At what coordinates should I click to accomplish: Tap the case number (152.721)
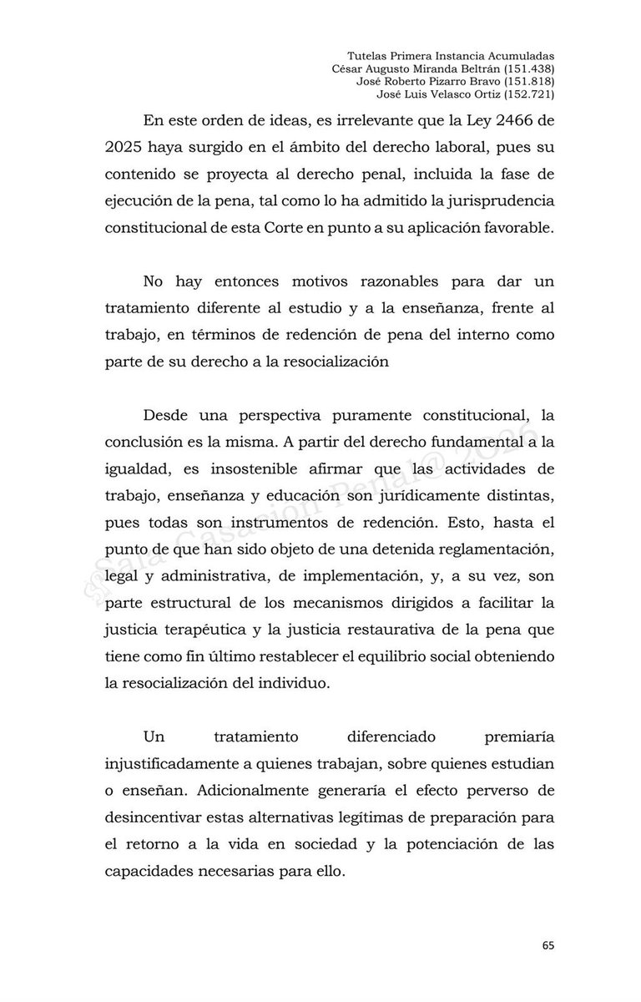pos(527,94)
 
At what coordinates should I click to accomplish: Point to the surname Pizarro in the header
pos(437,82)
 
